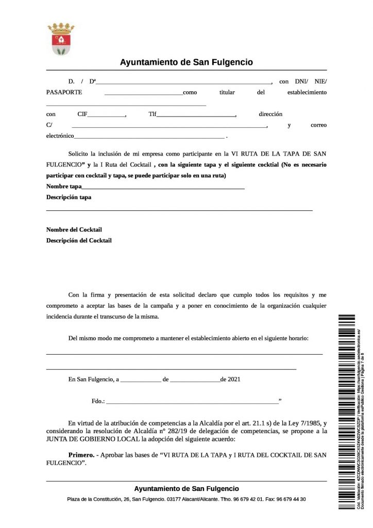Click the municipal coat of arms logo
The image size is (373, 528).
[61, 38]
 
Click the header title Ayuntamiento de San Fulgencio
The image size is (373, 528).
[186, 62]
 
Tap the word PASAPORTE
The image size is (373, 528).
[64, 93]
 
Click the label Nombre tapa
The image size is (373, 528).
[64, 186]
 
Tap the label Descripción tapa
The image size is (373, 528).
[69, 197]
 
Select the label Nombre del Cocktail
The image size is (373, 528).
[74, 229]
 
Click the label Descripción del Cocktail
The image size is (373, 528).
[79, 240]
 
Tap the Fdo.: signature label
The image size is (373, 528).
[98, 401]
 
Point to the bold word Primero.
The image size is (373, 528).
[81, 455]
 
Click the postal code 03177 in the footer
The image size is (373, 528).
[174, 499]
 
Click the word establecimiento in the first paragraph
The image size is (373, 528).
[307, 93]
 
